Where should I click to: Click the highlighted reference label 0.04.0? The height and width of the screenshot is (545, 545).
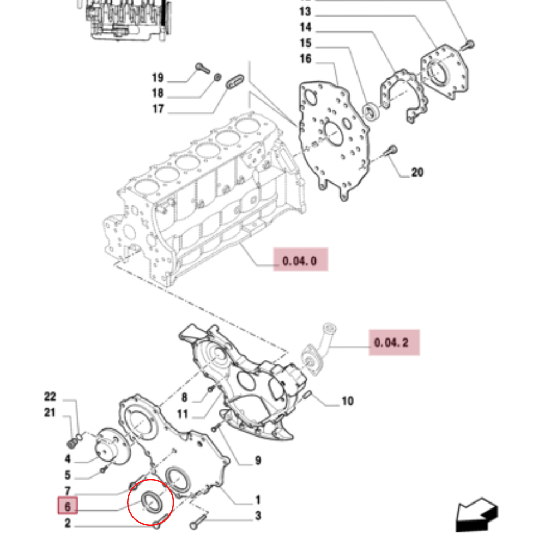tap(300, 261)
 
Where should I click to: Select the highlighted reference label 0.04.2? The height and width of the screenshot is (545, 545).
tap(394, 343)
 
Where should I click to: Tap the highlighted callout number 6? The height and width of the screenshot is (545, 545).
tap(68, 506)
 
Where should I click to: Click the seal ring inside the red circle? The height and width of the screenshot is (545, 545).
tap(151, 500)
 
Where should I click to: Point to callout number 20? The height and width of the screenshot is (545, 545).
tap(417, 173)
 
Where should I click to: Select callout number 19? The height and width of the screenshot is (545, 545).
tap(158, 77)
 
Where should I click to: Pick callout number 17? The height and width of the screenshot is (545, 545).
tap(158, 109)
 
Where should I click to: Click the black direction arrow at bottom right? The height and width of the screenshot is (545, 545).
tap(477, 514)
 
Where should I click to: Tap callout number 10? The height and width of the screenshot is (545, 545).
tap(347, 402)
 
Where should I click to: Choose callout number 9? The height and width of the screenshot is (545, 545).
tap(257, 461)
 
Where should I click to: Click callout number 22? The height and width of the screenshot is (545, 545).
tap(50, 397)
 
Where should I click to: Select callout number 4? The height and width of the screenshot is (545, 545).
tap(68, 459)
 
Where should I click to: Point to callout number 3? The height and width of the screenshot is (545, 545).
tap(257, 516)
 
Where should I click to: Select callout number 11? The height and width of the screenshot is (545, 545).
tap(183, 414)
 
